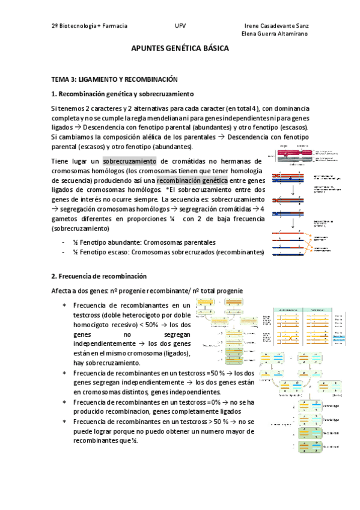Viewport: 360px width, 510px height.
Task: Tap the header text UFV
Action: point(180,26)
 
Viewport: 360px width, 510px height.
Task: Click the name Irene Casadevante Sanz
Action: point(278,26)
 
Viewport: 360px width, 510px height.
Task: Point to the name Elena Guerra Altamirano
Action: point(275,34)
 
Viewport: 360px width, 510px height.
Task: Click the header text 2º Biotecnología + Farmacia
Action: point(90,26)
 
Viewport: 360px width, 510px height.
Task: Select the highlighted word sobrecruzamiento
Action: point(129,161)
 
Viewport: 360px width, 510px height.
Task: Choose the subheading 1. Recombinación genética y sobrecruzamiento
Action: point(122,94)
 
